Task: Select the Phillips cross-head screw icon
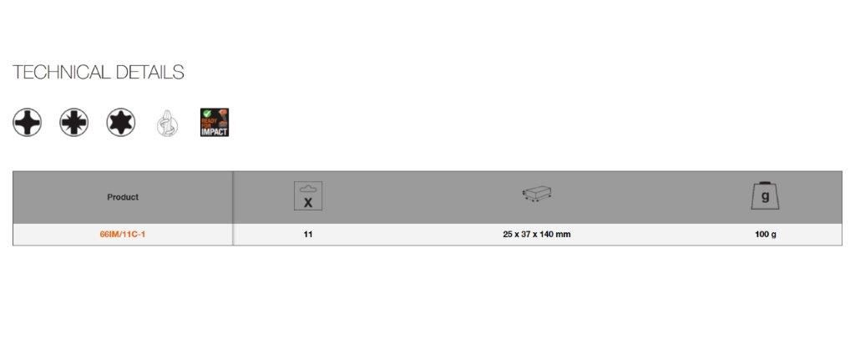tap(28, 122)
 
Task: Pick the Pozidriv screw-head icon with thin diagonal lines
tap(74, 122)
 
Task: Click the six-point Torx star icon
tap(121, 122)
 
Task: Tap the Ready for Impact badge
tap(215, 122)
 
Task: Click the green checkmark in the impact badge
tap(206, 114)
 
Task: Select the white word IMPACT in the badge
tap(215, 131)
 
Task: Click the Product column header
tap(123, 197)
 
